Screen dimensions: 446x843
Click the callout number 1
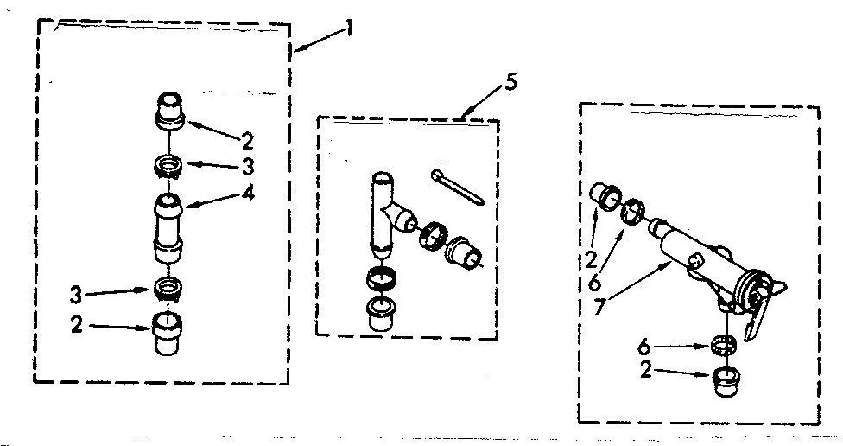point(350,29)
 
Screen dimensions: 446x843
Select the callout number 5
point(510,84)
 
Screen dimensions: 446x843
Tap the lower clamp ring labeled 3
point(168,287)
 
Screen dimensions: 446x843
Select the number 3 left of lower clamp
point(75,295)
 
